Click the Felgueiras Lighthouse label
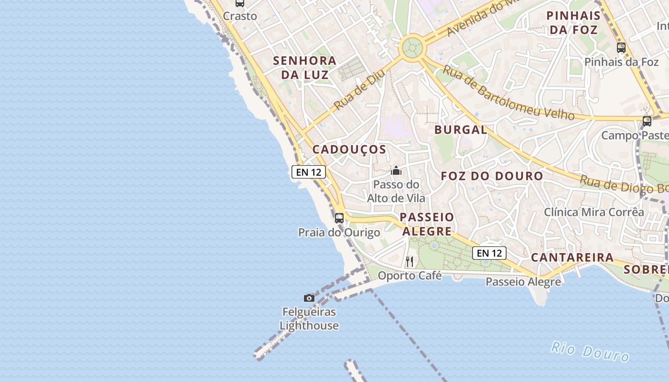click(x=309, y=319)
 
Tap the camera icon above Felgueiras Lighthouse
click(x=309, y=298)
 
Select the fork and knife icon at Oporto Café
click(x=410, y=261)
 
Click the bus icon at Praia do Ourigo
click(x=339, y=218)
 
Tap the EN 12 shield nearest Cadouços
click(x=309, y=172)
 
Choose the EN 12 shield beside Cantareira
click(x=489, y=253)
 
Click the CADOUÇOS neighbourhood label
click(x=349, y=149)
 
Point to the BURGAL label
click(x=461, y=129)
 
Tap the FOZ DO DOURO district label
click(x=492, y=176)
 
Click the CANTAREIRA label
click(x=572, y=257)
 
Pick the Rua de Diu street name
click(x=359, y=89)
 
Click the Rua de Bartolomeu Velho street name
click(x=508, y=93)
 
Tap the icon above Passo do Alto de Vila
click(x=396, y=170)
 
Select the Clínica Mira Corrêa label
click(x=594, y=212)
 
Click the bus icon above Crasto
click(x=240, y=3)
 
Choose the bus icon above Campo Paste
click(x=647, y=121)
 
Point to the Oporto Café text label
click(x=410, y=276)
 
